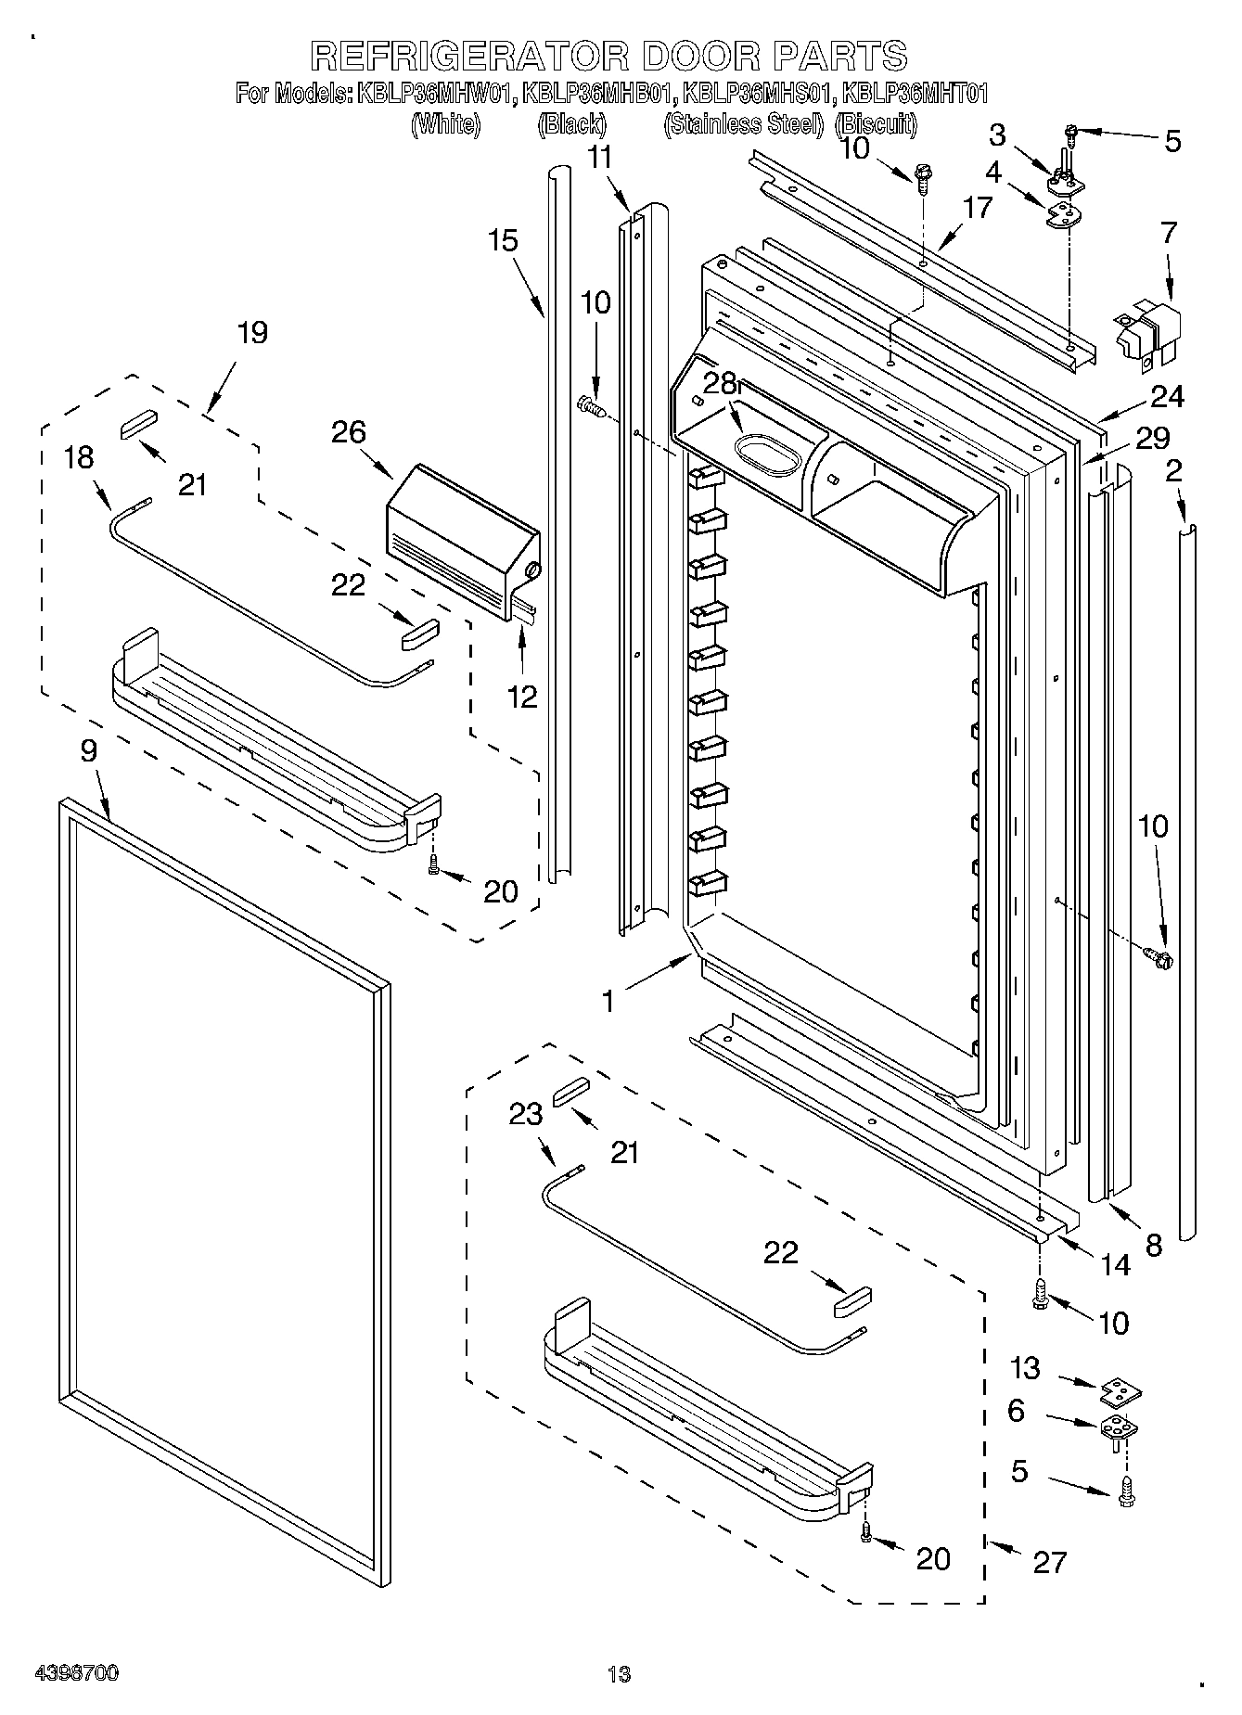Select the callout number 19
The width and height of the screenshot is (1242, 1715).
(x=251, y=332)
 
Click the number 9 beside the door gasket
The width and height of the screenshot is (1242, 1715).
(x=89, y=750)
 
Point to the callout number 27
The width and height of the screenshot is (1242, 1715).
(x=1050, y=1562)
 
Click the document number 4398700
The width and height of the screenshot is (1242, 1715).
(x=77, y=1673)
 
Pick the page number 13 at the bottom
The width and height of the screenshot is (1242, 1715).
(x=619, y=1673)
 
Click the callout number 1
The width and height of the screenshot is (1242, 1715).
(x=608, y=1001)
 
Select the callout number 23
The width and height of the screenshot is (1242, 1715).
(x=526, y=1113)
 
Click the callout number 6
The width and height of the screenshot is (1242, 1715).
(x=1017, y=1411)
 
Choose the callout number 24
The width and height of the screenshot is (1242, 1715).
(x=1167, y=396)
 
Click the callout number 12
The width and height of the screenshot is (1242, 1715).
(x=522, y=697)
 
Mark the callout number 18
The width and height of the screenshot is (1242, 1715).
(x=80, y=457)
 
